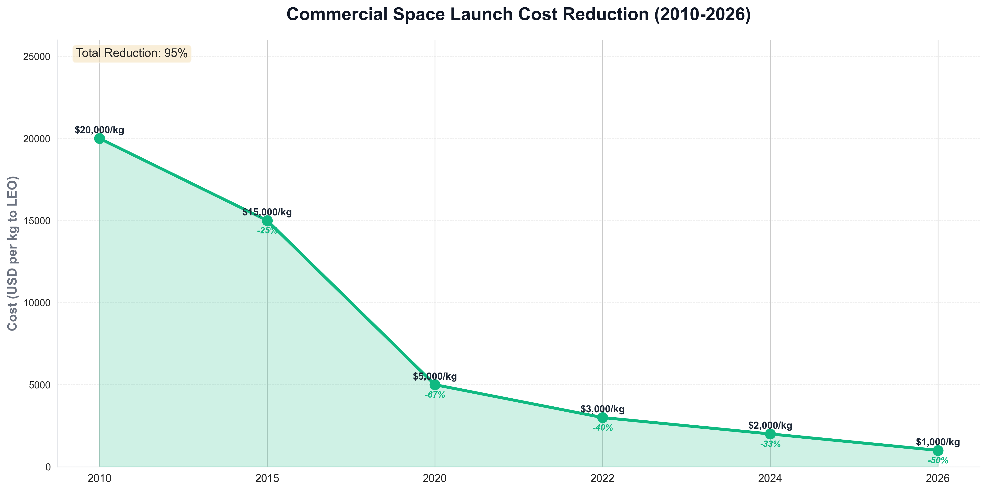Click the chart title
click(518, 14)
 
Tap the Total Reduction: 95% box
click(132, 53)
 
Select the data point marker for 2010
click(100, 138)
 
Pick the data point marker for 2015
click(267, 221)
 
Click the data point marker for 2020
click(435, 384)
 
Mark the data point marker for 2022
click(602, 417)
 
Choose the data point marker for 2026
click(938, 450)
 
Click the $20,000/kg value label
click(100, 130)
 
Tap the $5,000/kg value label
click(435, 376)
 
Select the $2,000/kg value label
click(770, 425)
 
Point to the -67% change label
click(435, 395)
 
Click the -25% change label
click(267, 231)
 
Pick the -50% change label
click(938, 461)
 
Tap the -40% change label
click(602, 428)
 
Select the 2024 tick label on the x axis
click(770, 478)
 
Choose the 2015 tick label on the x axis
click(267, 478)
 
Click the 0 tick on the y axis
click(48, 467)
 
